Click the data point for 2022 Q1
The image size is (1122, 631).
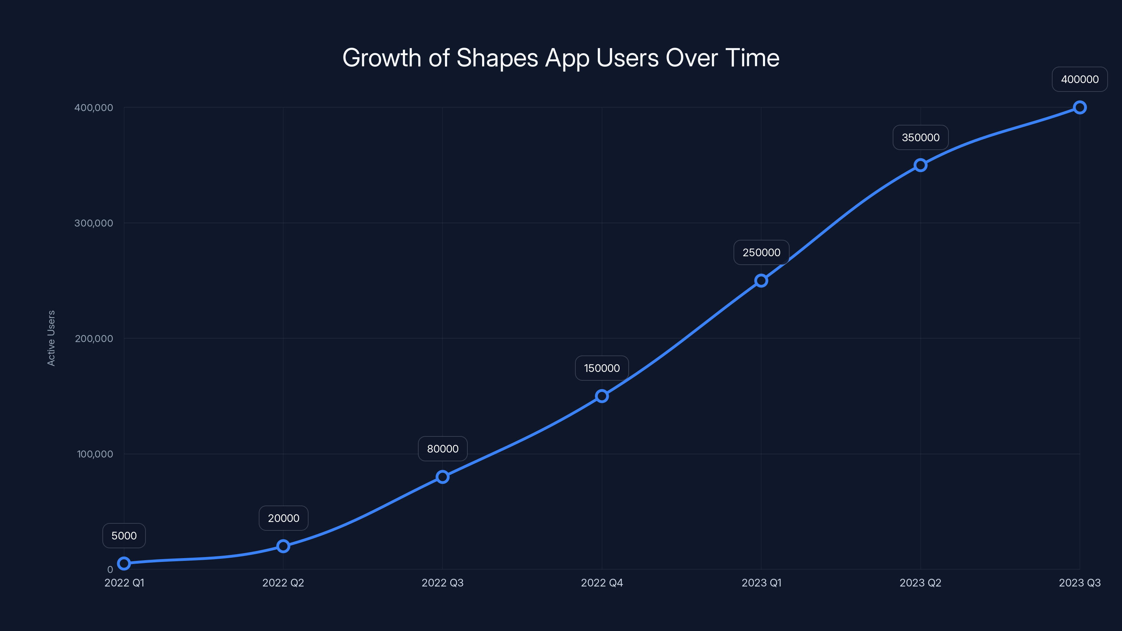click(x=124, y=563)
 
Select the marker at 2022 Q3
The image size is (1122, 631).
click(x=442, y=477)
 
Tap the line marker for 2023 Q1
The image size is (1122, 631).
click(x=761, y=280)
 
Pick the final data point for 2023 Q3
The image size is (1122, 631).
click(x=1080, y=107)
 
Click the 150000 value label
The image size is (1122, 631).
click(x=602, y=368)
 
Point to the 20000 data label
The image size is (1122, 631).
click(x=284, y=518)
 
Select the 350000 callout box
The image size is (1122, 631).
click(x=920, y=138)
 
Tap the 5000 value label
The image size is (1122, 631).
click(x=124, y=536)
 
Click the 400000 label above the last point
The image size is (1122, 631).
click(x=1080, y=79)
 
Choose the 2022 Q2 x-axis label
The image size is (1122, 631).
click(x=283, y=583)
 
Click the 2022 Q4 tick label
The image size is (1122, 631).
click(x=602, y=583)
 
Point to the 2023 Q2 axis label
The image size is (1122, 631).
click(x=920, y=583)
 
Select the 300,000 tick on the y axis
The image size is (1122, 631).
click(x=94, y=223)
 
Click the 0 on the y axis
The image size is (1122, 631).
click(x=110, y=570)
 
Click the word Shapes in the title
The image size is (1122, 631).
click(x=497, y=58)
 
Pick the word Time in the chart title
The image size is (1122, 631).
click(x=752, y=58)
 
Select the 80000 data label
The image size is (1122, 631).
click(x=442, y=449)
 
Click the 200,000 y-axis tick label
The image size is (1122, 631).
click(x=94, y=338)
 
